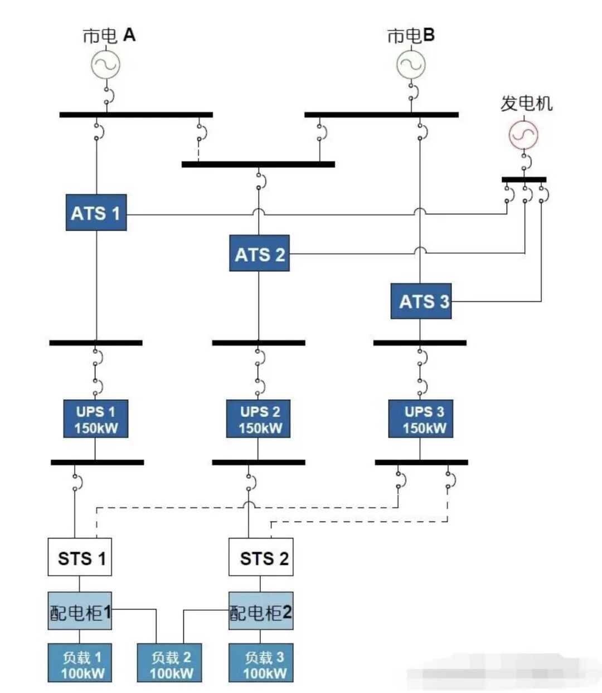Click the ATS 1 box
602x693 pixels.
(96, 213)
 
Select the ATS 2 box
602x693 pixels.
(259, 253)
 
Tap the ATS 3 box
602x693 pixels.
(421, 301)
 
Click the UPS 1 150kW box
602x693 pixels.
(96, 419)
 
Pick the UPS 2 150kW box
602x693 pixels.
(260, 419)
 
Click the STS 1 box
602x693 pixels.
(80, 557)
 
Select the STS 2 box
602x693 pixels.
(261, 557)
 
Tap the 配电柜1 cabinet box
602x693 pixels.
(80, 611)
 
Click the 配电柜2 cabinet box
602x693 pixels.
(261, 611)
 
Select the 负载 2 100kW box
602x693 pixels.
(169, 663)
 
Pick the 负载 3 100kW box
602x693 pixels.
(261, 663)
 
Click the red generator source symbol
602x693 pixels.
(523, 135)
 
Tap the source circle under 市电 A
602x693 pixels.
(106, 65)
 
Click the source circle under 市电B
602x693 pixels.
(411, 65)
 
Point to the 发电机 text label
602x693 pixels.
(526, 104)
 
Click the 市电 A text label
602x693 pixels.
(109, 36)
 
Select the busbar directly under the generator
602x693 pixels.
(524, 179)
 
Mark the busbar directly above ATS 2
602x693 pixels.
(258, 164)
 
